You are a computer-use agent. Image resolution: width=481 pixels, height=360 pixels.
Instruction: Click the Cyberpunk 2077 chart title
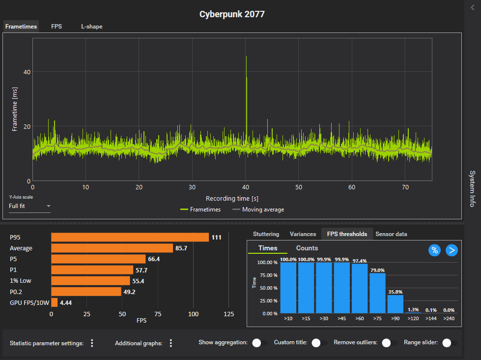click(232, 14)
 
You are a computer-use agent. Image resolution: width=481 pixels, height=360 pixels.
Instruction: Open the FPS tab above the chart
click(57, 27)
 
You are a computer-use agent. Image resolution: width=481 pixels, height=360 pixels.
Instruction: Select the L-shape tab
click(92, 27)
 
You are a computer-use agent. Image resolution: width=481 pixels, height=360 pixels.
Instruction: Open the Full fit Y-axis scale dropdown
click(29, 206)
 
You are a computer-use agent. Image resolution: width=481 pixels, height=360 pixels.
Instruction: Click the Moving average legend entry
click(258, 210)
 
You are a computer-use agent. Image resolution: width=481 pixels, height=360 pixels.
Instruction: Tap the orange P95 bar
click(130, 238)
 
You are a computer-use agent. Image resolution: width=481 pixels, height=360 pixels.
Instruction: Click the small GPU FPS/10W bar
click(55, 302)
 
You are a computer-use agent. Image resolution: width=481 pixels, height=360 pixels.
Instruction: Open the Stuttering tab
click(266, 234)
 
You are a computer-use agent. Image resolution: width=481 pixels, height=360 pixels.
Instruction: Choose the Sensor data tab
click(391, 234)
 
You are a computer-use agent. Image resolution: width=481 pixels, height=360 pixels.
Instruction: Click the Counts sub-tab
click(307, 248)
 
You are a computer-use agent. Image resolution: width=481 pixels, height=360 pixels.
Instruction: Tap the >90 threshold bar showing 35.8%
click(395, 304)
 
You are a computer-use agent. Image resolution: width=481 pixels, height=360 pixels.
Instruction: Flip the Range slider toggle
click(450, 343)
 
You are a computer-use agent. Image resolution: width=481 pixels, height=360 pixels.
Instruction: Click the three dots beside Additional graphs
click(171, 343)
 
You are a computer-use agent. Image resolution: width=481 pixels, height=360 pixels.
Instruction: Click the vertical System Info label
click(472, 188)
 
